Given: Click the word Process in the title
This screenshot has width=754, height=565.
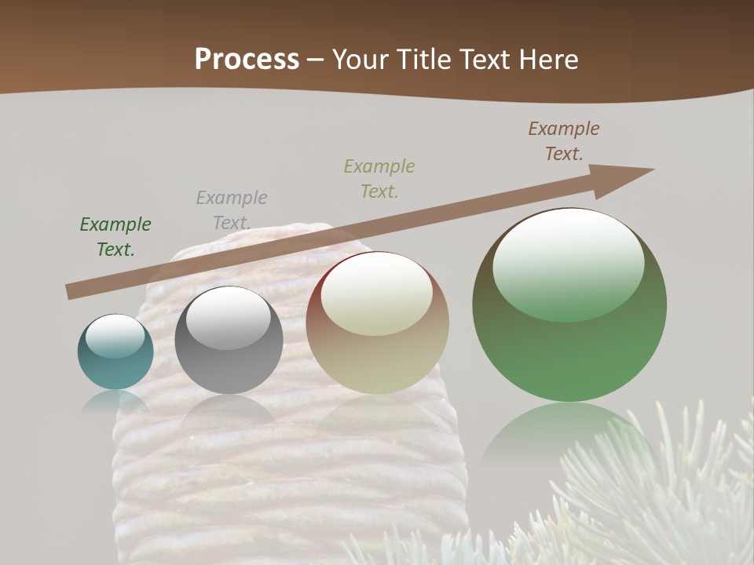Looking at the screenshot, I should [x=247, y=60].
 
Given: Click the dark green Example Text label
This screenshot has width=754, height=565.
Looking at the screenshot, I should [x=115, y=236].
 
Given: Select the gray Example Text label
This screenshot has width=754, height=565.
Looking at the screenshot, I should [x=232, y=210].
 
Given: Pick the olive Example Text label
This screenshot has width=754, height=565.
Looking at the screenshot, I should [x=379, y=178].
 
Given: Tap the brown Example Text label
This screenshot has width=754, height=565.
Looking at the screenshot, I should [x=564, y=140].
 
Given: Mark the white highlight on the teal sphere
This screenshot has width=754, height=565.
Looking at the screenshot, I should [x=115, y=336].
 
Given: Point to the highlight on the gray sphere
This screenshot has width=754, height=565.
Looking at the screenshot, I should [x=228, y=317].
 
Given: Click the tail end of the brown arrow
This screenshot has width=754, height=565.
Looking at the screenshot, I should [x=72, y=291].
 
